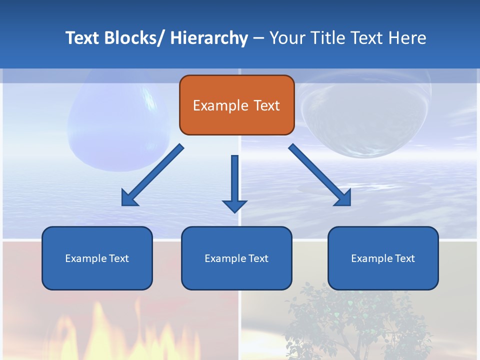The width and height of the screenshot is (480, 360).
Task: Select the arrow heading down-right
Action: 320,175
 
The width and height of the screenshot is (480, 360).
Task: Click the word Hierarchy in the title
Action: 209,38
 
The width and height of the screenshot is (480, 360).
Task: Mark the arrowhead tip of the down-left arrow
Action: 122,205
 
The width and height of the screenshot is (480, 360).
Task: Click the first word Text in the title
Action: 82,38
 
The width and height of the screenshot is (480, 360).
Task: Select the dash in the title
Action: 258,38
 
